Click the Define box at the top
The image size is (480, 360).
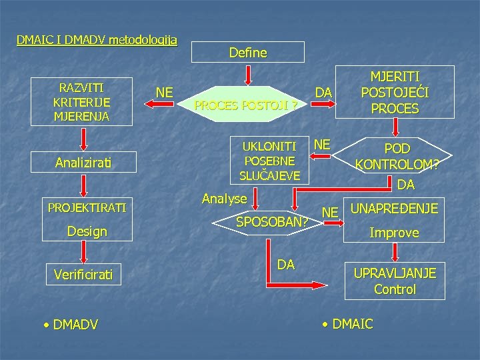point(247,52)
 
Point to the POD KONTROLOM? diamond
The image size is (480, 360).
point(397,156)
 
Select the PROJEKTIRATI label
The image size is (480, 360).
point(87,207)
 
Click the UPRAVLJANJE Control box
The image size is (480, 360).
point(395,281)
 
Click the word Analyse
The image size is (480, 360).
point(224,198)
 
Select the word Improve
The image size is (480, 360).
point(395,233)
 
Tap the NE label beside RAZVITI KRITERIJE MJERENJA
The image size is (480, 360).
point(165,93)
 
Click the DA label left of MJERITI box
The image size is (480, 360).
point(324,91)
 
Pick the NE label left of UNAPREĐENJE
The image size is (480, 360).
point(329,213)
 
